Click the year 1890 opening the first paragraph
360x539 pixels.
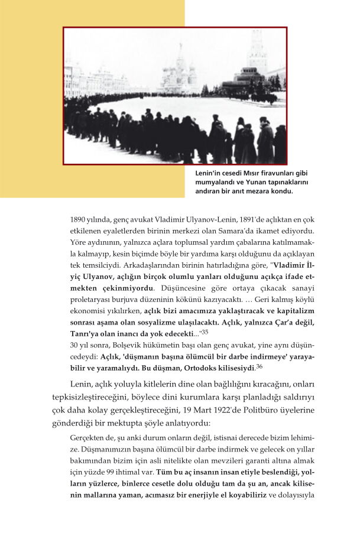pos(79,219)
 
